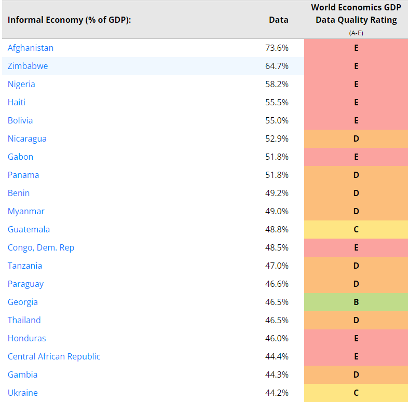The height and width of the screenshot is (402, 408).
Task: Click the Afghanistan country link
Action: (x=31, y=48)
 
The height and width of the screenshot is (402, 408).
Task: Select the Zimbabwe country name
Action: (x=28, y=66)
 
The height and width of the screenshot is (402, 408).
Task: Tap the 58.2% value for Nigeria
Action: (x=276, y=84)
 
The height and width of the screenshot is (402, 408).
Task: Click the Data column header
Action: (x=278, y=20)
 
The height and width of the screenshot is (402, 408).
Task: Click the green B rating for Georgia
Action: (x=356, y=302)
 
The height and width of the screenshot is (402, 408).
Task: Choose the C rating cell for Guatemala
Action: (x=356, y=229)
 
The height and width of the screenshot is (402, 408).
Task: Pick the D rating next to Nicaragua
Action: (x=356, y=138)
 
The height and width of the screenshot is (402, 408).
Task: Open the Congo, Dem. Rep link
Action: (x=41, y=247)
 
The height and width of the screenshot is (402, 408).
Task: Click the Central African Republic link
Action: (x=54, y=356)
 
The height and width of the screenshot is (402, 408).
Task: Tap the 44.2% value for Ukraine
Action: (x=276, y=393)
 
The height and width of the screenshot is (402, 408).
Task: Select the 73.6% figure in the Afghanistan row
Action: (x=276, y=48)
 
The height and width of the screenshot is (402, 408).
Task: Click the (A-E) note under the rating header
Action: (x=356, y=32)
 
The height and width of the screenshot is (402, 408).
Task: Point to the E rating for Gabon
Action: (x=356, y=157)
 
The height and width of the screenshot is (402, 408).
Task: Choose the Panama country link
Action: (x=23, y=175)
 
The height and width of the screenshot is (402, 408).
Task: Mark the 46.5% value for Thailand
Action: (x=276, y=320)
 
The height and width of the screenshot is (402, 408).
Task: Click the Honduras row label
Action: (x=26, y=338)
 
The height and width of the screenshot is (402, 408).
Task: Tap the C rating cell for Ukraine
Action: (x=356, y=393)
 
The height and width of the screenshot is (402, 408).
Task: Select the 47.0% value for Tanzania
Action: (x=276, y=266)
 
